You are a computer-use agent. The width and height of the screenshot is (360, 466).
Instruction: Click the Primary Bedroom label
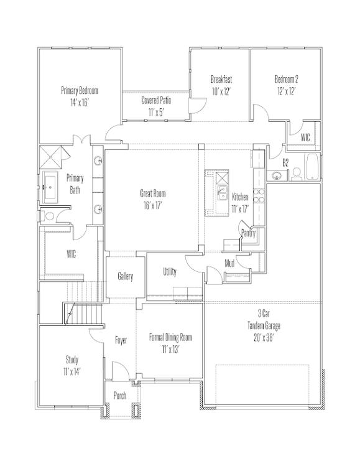80,90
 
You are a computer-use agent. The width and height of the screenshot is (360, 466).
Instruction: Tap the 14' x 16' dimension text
80,103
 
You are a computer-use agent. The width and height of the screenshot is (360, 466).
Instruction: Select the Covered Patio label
156,100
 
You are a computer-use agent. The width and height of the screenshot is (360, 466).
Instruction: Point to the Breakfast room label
221,80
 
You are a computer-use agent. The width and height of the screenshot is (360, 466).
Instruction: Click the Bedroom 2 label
287,79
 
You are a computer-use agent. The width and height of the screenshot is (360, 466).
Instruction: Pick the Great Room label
153,193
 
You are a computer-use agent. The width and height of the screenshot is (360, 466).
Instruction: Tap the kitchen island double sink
221,193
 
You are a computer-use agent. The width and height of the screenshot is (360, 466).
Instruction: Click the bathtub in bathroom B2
312,167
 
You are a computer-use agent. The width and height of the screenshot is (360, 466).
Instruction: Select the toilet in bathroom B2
296,174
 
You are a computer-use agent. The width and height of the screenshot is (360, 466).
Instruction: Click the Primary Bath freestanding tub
50,187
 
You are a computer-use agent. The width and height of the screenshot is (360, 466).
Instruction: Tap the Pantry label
248,233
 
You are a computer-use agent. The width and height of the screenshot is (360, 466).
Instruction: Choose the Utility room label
170,272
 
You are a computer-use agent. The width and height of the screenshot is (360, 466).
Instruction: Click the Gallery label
126,276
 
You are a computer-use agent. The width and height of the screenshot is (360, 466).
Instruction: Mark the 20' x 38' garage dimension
264,338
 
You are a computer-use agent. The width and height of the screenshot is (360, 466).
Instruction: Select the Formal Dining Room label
170,337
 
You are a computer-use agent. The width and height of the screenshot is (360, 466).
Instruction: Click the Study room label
72,360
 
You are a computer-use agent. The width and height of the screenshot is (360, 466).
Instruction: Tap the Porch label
120,396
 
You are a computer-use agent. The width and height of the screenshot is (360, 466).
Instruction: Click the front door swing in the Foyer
122,368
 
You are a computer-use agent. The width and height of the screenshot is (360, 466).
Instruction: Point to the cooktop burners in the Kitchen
259,195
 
